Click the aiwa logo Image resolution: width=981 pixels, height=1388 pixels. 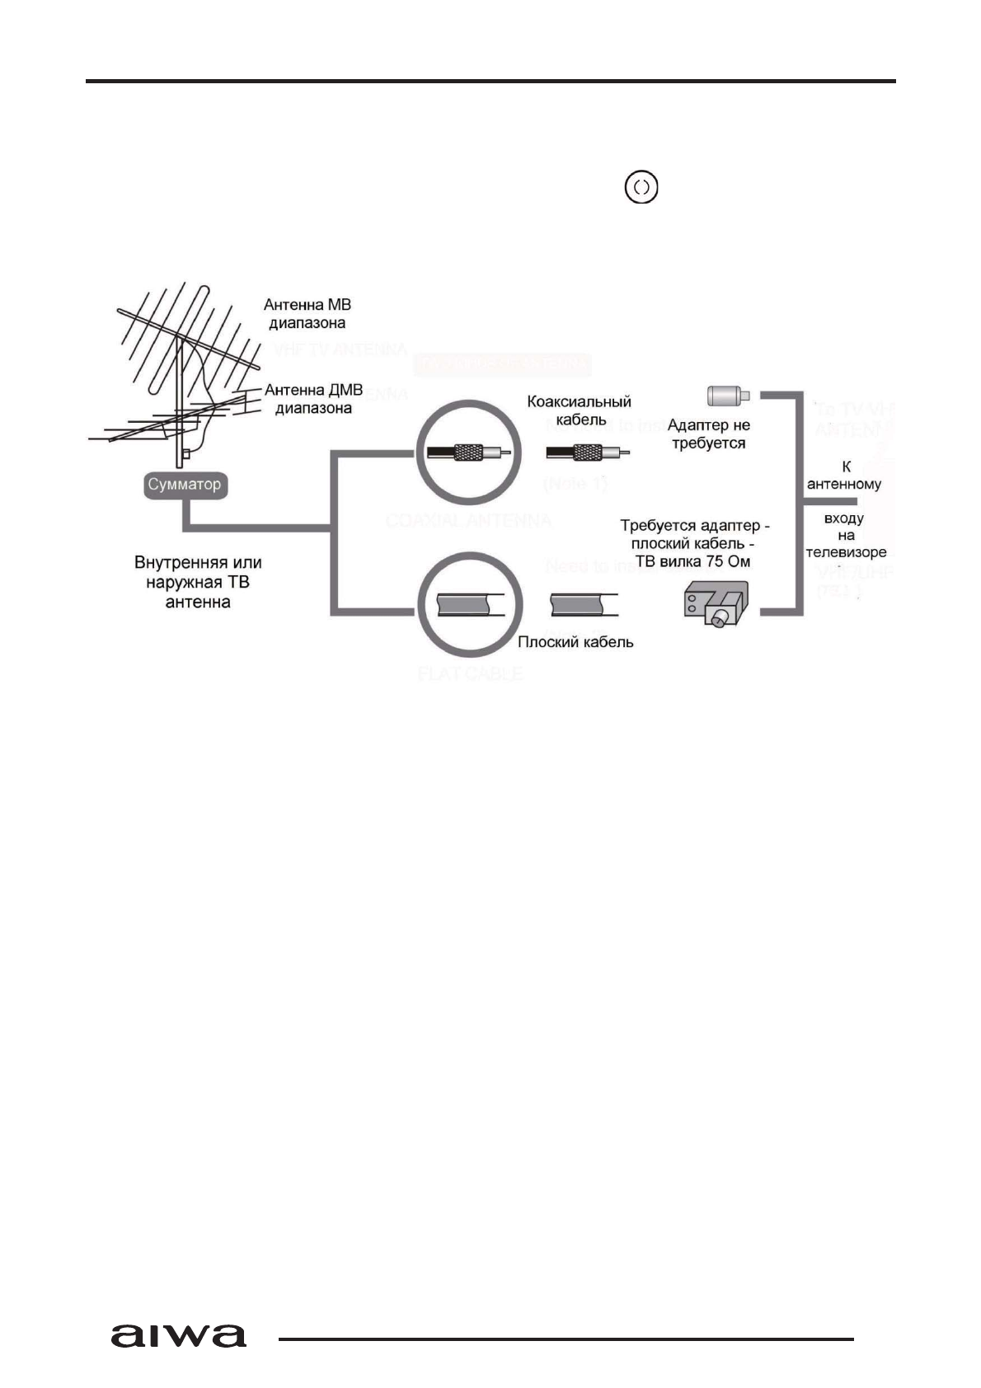[x=178, y=1335]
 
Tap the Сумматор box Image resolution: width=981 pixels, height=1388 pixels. [x=185, y=485]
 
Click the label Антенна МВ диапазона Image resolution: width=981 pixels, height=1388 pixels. [x=307, y=314]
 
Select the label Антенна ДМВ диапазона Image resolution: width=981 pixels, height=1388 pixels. [x=313, y=399]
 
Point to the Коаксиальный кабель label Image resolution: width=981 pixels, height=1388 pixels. [x=579, y=410]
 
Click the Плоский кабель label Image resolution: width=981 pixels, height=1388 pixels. [x=575, y=642]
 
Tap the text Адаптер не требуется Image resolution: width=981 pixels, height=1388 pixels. [x=708, y=434]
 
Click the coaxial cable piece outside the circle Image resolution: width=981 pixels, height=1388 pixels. [x=588, y=453]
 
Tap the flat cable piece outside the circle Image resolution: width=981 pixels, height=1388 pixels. [x=584, y=604]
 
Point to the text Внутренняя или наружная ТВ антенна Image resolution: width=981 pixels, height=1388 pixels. [x=198, y=582]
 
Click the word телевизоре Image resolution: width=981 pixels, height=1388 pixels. [x=846, y=552]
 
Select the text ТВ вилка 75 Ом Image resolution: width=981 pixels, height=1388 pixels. [x=692, y=561]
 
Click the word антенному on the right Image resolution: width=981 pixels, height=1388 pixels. [x=844, y=484]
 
